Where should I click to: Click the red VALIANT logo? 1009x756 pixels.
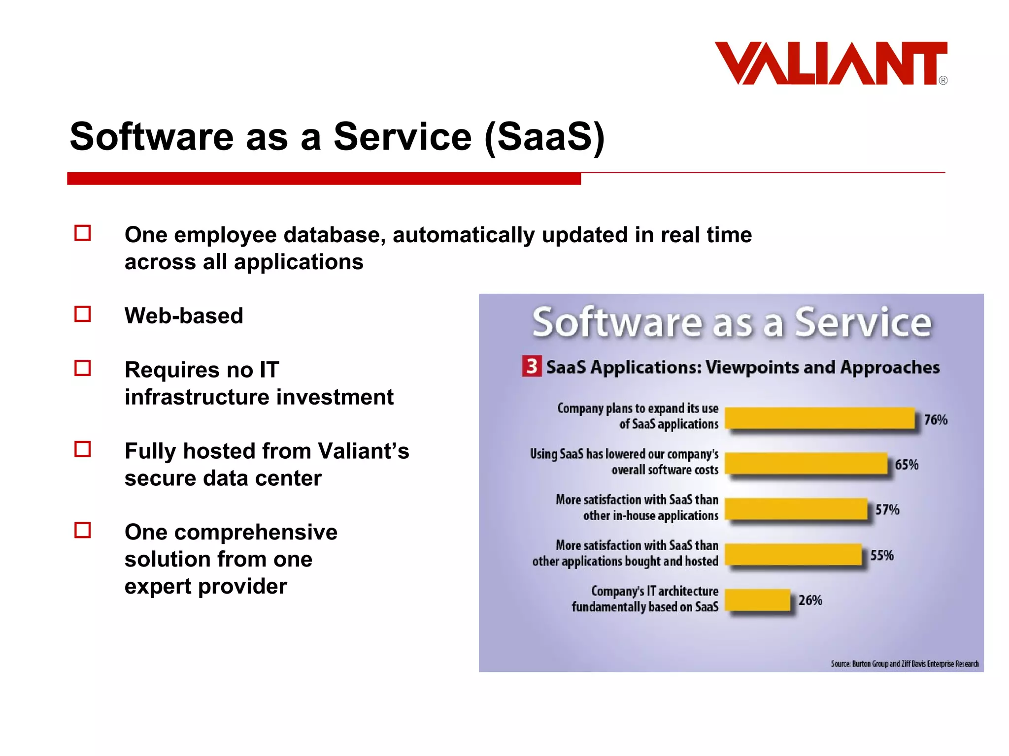click(x=830, y=63)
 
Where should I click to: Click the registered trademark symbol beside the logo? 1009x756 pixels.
click(x=943, y=81)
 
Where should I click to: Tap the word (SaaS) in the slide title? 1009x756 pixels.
click(x=544, y=137)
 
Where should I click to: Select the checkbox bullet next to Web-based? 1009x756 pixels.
click(x=83, y=314)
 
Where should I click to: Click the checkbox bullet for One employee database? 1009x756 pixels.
click(x=83, y=233)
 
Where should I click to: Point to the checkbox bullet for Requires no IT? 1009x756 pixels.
click(x=83, y=368)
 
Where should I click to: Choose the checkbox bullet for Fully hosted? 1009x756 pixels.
click(x=83, y=449)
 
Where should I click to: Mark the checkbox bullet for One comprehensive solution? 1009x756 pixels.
click(x=83, y=530)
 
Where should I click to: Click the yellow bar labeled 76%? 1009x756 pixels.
click(x=819, y=418)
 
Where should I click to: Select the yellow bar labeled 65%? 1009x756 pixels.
click(x=806, y=464)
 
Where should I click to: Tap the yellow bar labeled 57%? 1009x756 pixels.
click(x=796, y=509)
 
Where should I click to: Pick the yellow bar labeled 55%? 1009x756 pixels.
click(x=793, y=555)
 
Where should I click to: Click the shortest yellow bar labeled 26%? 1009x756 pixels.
click(x=757, y=600)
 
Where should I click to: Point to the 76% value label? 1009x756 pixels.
click(x=935, y=420)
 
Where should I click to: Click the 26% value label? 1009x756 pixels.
click(x=810, y=600)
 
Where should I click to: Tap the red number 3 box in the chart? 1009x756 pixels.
click(x=532, y=366)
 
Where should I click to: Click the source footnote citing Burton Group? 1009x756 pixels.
click(x=905, y=663)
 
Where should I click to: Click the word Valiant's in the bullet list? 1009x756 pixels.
click(x=363, y=451)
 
